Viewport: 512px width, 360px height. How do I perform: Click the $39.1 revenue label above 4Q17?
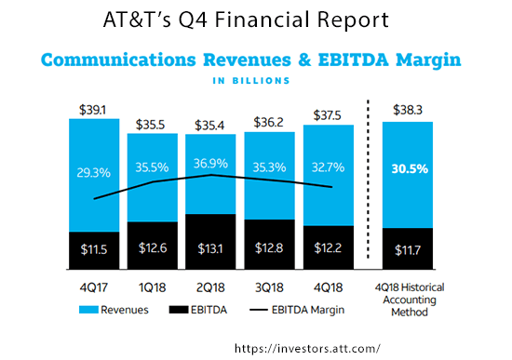[x=92, y=108]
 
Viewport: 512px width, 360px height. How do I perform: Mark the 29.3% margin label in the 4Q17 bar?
[x=92, y=172]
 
